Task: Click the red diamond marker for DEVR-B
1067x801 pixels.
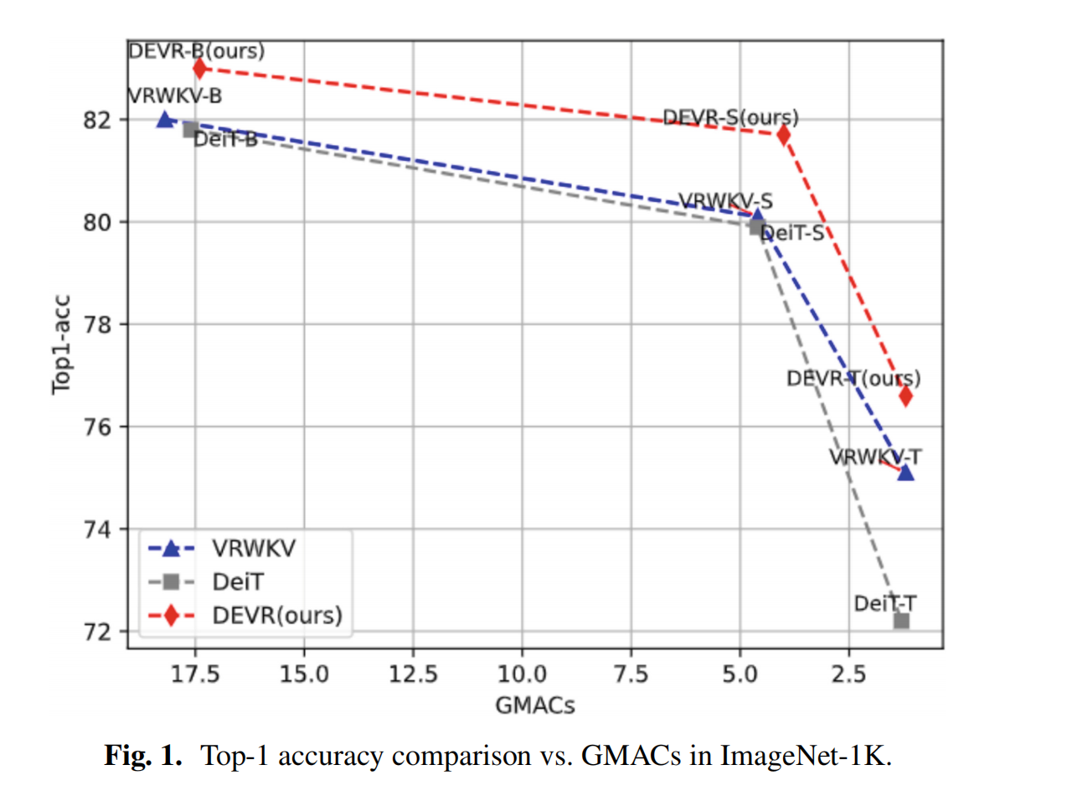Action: (x=199, y=68)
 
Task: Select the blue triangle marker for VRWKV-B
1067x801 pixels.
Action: (x=165, y=120)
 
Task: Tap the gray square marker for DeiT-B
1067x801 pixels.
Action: (x=191, y=129)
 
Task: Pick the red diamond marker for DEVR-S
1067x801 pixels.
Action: (x=783, y=134)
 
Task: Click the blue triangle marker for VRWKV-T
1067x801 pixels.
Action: (x=905, y=473)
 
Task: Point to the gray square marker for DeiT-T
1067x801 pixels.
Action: (x=901, y=621)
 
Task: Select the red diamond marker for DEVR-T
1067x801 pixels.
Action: (x=905, y=395)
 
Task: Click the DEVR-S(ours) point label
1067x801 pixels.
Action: (x=730, y=117)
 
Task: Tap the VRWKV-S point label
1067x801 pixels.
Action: (x=725, y=201)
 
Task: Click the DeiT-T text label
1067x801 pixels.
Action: (x=884, y=603)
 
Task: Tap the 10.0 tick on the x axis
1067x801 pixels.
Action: (x=522, y=674)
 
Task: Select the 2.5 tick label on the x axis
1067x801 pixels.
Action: (x=848, y=674)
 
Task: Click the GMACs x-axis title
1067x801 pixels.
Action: (x=535, y=705)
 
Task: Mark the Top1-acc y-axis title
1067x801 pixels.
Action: (x=62, y=344)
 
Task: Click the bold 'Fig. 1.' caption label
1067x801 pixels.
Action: (x=143, y=756)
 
